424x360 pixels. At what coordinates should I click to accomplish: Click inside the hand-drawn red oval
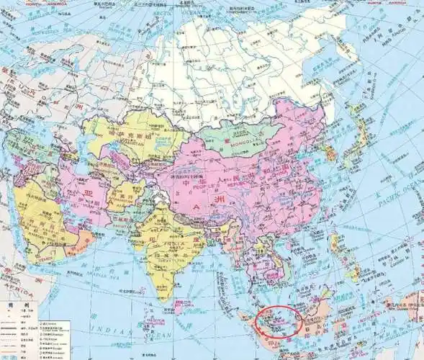(279, 321)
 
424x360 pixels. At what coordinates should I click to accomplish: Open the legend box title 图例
(10, 305)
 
